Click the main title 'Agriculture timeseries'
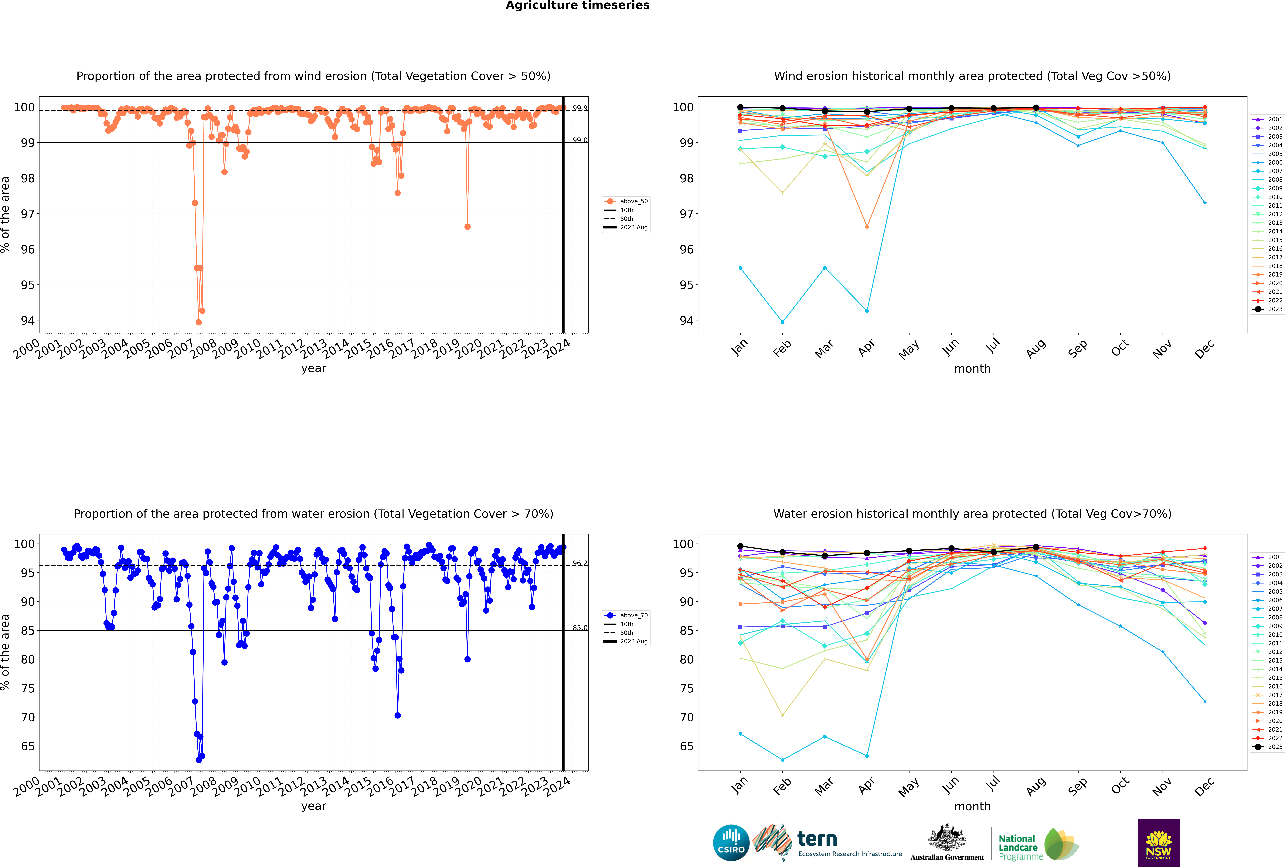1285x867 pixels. click(x=577, y=5)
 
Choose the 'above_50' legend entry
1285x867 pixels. click(x=627, y=201)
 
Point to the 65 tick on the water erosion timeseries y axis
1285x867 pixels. click(x=28, y=746)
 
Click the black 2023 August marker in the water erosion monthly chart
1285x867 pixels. click(x=1036, y=547)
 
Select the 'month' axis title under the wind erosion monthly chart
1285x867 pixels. click(x=972, y=369)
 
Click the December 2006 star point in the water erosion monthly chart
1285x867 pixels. click(x=1205, y=701)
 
